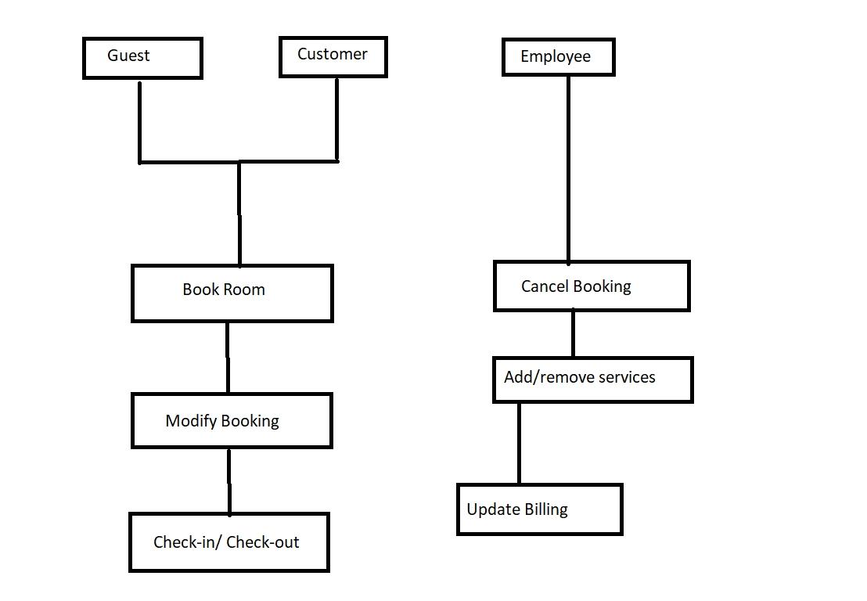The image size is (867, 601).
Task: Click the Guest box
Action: point(142,58)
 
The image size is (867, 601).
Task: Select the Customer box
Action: point(333,56)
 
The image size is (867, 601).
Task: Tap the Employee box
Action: point(558,58)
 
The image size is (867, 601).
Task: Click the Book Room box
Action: point(232,293)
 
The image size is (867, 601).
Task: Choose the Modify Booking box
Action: point(232,421)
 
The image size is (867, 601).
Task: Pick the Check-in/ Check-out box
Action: point(228,542)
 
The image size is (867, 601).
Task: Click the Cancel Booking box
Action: point(592,286)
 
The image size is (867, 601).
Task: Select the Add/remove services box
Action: point(592,380)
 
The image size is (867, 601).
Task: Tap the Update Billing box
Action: point(539,509)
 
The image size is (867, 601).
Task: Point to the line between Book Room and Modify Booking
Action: point(228,358)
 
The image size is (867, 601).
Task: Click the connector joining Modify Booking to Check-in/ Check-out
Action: point(229,480)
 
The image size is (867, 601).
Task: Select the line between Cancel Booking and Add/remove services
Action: point(573,333)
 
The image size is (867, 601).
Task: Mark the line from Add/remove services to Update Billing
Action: point(519,443)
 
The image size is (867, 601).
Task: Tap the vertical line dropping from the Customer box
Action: point(337,117)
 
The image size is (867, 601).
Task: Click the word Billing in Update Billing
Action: point(546,509)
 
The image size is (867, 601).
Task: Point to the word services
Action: point(626,377)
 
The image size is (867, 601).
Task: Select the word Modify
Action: point(185,421)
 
